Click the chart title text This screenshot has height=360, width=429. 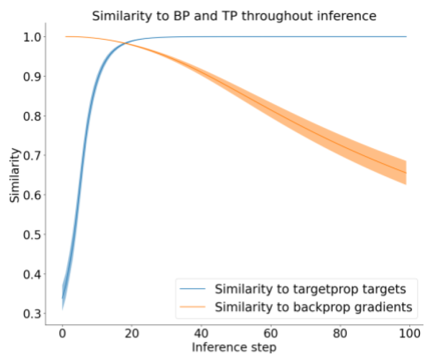click(x=234, y=16)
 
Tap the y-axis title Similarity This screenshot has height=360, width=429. click(x=16, y=176)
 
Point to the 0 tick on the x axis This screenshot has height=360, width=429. click(x=62, y=335)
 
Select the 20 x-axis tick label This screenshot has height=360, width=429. click(x=132, y=335)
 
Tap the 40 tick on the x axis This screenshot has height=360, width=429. click(x=201, y=335)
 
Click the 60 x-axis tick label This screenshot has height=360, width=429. click(x=270, y=335)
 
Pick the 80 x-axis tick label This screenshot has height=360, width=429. click(x=339, y=335)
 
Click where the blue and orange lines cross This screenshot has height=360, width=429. click(x=126, y=44)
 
